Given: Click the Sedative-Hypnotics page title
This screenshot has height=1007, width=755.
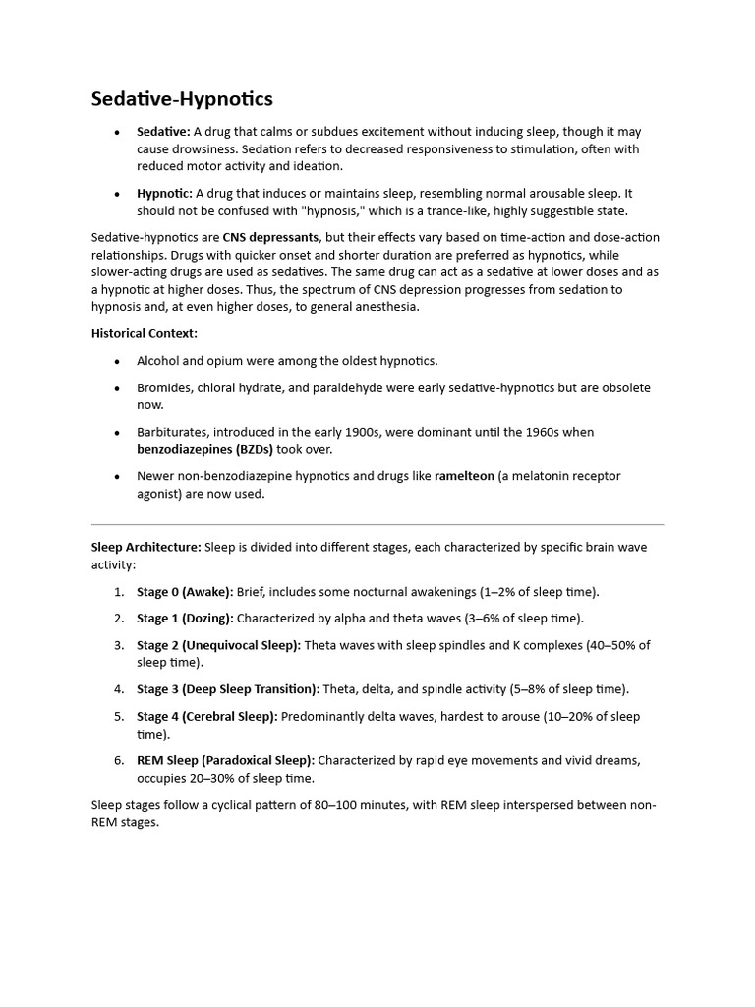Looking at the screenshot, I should click(x=182, y=99).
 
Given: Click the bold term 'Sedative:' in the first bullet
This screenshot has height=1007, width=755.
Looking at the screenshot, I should click(x=163, y=132).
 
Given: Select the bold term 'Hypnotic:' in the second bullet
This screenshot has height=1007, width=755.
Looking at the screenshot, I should click(x=164, y=194).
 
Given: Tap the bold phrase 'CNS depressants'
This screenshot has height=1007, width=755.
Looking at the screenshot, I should click(x=270, y=237).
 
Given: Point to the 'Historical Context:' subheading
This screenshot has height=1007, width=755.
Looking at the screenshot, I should click(x=145, y=333).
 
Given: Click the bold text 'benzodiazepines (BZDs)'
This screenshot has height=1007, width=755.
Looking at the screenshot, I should click(x=204, y=449).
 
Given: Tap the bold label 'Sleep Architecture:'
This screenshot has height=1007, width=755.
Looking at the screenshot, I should click(x=145, y=547).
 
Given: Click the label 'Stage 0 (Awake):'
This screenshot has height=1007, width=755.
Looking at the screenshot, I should click(x=185, y=592).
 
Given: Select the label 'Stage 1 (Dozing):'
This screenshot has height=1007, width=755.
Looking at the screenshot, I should click(x=185, y=619).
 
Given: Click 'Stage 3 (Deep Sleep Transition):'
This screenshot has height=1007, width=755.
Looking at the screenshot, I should click(x=228, y=689).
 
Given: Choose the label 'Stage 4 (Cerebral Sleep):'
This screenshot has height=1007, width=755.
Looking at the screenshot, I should click(x=207, y=716).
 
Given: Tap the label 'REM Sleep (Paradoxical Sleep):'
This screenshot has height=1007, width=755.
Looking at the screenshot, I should click(x=226, y=760).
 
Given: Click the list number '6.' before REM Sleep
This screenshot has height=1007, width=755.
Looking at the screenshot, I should click(x=118, y=760).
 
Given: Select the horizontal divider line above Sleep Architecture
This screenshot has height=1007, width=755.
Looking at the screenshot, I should click(x=377, y=524).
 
